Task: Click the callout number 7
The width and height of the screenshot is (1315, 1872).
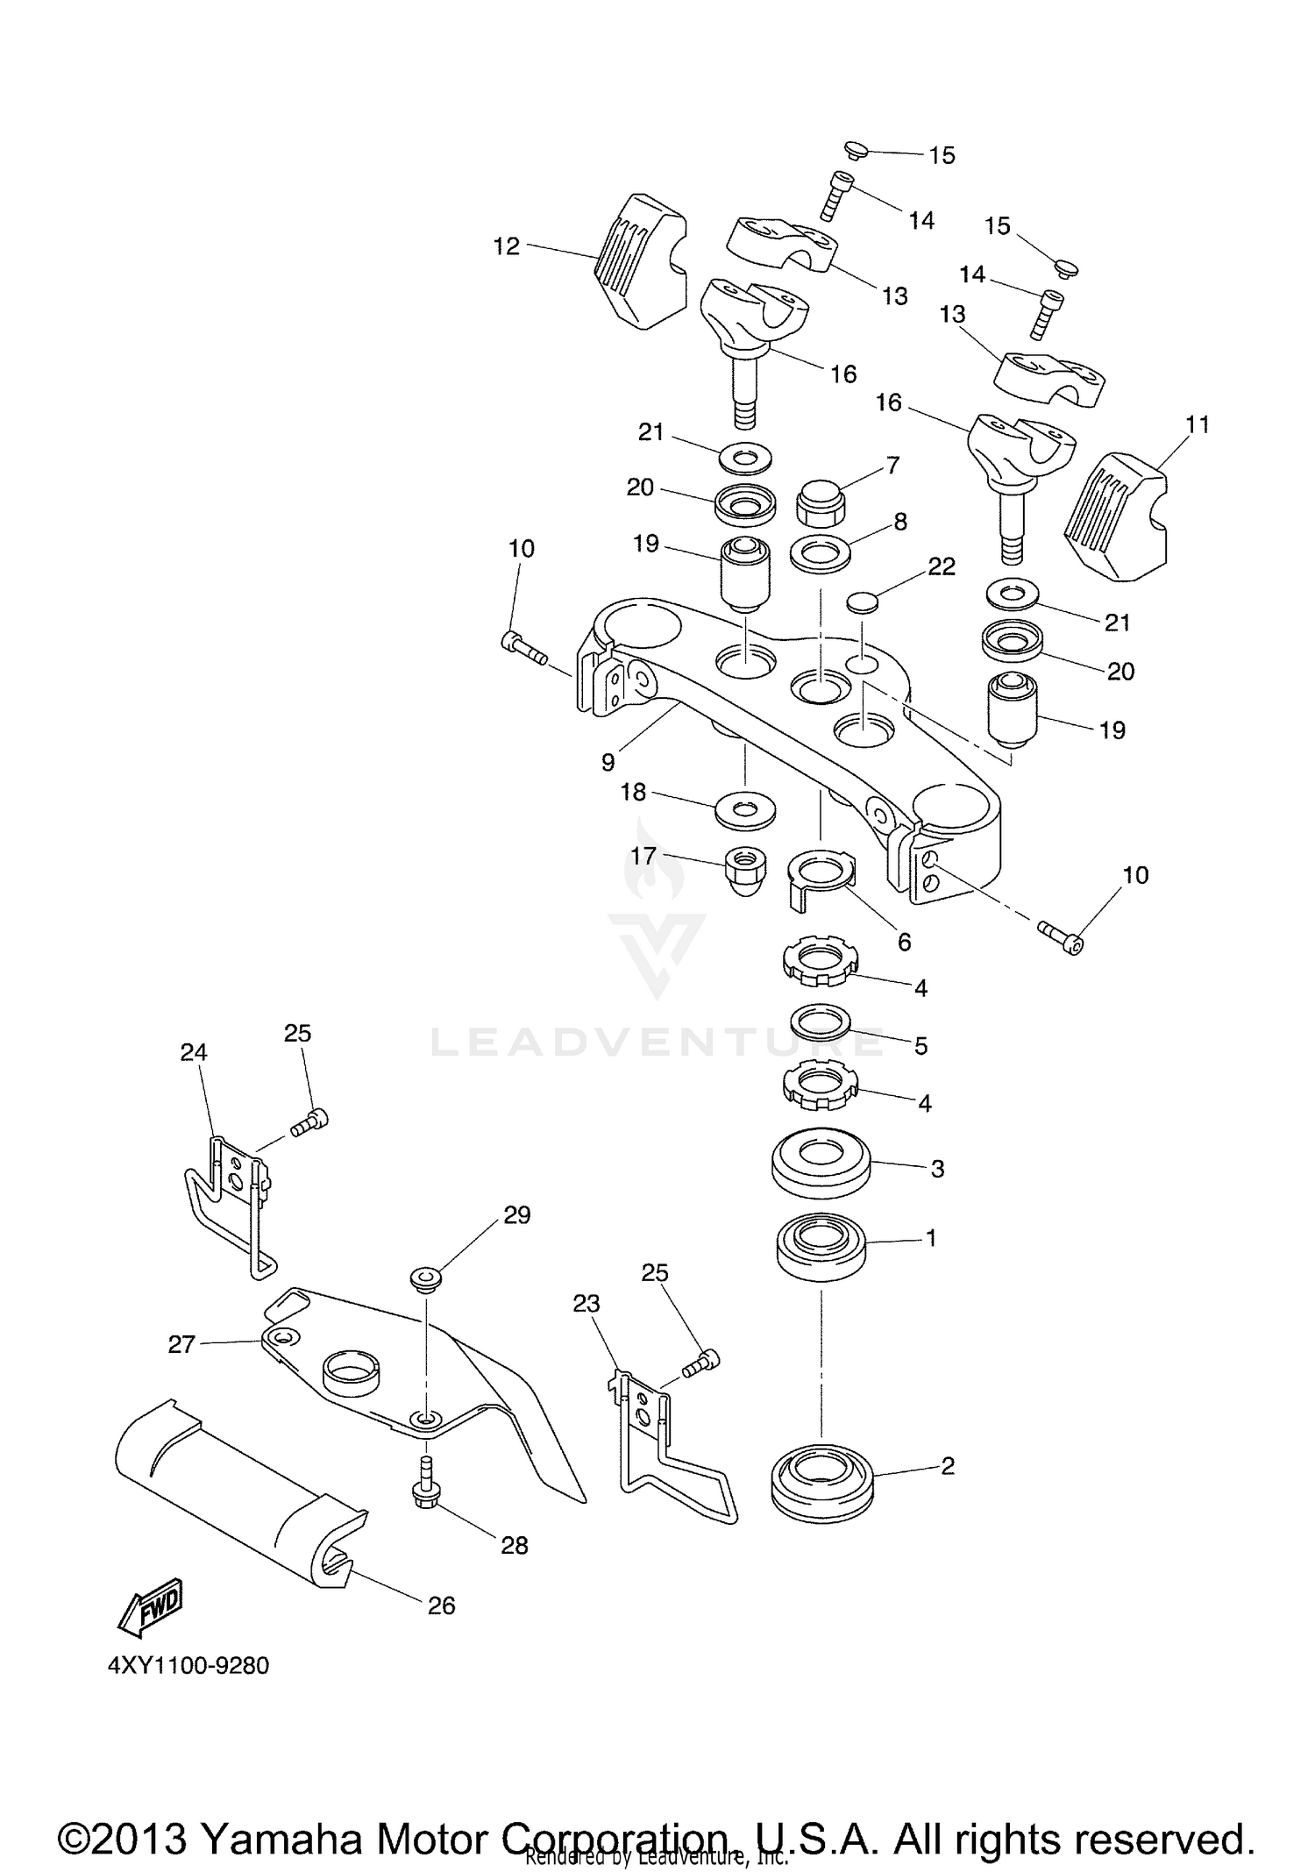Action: pos(892,466)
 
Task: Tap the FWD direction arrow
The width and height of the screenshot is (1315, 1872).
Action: pos(150,1609)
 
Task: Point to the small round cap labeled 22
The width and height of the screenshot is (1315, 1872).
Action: pos(864,602)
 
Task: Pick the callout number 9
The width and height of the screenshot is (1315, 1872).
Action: pos(608,763)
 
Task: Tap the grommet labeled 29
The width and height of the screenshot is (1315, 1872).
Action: pos(425,1278)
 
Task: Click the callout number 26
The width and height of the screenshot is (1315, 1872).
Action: pos(442,1605)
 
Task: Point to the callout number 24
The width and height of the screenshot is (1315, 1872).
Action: pos(194,1052)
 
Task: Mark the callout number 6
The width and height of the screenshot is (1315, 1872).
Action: pos(905,943)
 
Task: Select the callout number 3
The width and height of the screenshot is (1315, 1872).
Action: pos(937,1169)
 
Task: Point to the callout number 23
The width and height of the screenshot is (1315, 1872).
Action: pos(586,1328)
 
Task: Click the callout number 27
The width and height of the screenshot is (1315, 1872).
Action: pos(181,1344)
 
